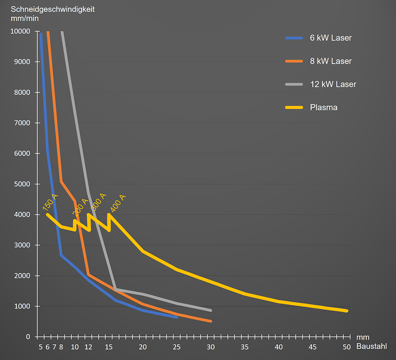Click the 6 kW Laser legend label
point(331,38)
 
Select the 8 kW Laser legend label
point(331,61)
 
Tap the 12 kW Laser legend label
point(333,84)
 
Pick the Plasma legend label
point(324,107)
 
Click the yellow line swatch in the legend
point(294,107)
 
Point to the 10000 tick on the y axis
point(20,31)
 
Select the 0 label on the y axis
point(28,337)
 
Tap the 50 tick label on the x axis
point(347,347)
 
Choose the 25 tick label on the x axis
point(176,347)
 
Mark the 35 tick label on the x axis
point(245,347)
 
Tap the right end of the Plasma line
point(347,311)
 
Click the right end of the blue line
point(176,317)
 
